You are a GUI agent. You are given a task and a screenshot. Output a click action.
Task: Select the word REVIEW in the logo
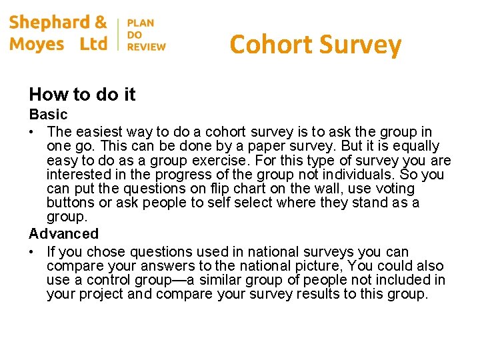click(146, 47)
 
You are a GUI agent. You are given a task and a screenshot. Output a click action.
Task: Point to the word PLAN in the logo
click(140, 23)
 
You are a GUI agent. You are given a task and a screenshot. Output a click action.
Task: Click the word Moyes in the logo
click(37, 45)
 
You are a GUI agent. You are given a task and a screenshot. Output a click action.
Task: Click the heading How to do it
click(82, 95)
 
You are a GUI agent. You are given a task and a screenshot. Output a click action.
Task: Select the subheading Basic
click(48, 115)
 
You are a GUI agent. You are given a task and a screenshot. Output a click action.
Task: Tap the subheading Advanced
click(63, 234)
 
